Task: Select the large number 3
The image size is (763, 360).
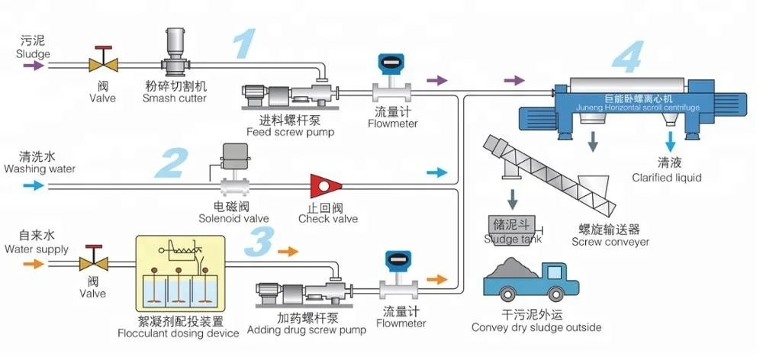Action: (x=260, y=240)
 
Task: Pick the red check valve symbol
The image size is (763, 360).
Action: (x=325, y=185)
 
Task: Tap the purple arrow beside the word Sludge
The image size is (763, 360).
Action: (x=34, y=66)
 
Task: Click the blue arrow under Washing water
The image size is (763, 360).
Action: (x=34, y=185)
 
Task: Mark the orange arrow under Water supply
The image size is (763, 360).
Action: (x=34, y=264)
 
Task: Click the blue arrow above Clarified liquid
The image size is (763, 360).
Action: (x=671, y=141)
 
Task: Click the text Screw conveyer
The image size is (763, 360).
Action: (x=610, y=242)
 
